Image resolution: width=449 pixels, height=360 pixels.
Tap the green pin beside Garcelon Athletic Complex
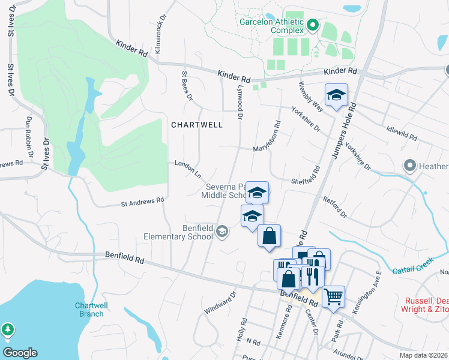tap(312, 25)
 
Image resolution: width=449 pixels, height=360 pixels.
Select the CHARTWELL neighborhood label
tap(197, 125)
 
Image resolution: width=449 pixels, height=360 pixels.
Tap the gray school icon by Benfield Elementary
tap(223, 232)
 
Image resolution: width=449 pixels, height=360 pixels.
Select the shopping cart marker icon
tap(334, 296)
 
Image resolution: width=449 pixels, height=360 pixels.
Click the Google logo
tap(20, 353)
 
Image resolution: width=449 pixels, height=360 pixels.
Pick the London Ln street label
tap(188, 167)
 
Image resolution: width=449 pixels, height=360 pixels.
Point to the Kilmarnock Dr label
tap(159, 37)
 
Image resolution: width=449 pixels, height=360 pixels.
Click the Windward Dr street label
tap(221, 301)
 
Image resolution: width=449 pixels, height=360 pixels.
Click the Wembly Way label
tap(312, 97)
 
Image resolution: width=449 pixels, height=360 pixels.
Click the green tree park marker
tap(8, 329)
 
